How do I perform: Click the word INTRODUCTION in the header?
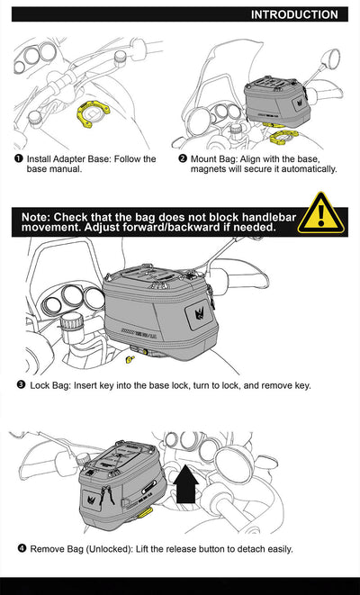tap(294, 14)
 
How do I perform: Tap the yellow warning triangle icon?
tap(321, 215)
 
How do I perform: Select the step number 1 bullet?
tap(18, 159)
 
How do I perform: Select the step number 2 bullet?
tap(183, 159)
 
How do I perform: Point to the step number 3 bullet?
tap(21, 385)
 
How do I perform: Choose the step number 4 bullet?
tap(22, 548)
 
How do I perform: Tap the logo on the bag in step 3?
tap(220, 320)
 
